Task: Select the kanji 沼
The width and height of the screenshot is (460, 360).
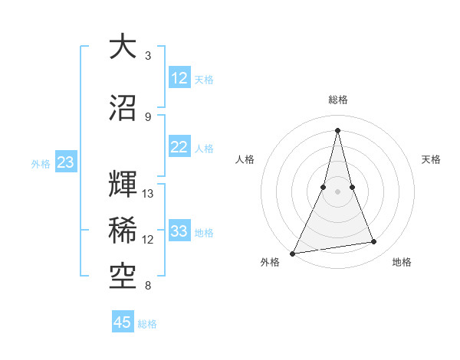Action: click(123, 107)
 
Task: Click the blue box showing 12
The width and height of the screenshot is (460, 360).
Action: click(179, 78)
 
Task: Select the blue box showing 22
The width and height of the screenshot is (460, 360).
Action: click(179, 148)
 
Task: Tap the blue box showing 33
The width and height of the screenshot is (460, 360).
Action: click(179, 231)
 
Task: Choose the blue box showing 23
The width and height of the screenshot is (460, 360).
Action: click(65, 162)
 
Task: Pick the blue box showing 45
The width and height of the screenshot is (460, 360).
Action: click(123, 322)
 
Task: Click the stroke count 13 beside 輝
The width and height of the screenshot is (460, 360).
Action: click(149, 194)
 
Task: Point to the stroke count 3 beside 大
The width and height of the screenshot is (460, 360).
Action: click(148, 56)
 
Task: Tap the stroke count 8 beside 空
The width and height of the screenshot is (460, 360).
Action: click(148, 286)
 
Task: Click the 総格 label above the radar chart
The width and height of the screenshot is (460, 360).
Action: click(337, 100)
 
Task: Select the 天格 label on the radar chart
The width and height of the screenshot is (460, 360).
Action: click(431, 159)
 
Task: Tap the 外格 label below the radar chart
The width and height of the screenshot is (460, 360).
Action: click(270, 262)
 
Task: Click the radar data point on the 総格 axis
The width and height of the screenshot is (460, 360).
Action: click(337, 130)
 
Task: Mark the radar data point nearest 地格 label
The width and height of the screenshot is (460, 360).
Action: click(374, 242)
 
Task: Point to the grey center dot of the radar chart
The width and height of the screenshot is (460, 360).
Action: click(337, 191)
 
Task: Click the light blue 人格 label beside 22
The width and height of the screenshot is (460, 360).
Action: click(204, 149)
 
